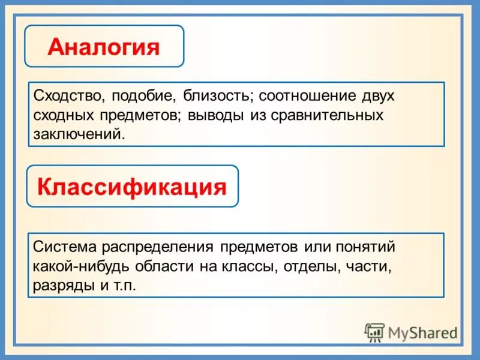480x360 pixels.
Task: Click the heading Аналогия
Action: (x=104, y=46)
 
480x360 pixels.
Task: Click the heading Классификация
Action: (x=132, y=187)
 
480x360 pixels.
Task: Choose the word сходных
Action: (x=63, y=115)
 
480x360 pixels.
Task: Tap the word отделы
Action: (x=305, y=266)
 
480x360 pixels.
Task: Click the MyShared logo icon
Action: (x=374, y=332)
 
